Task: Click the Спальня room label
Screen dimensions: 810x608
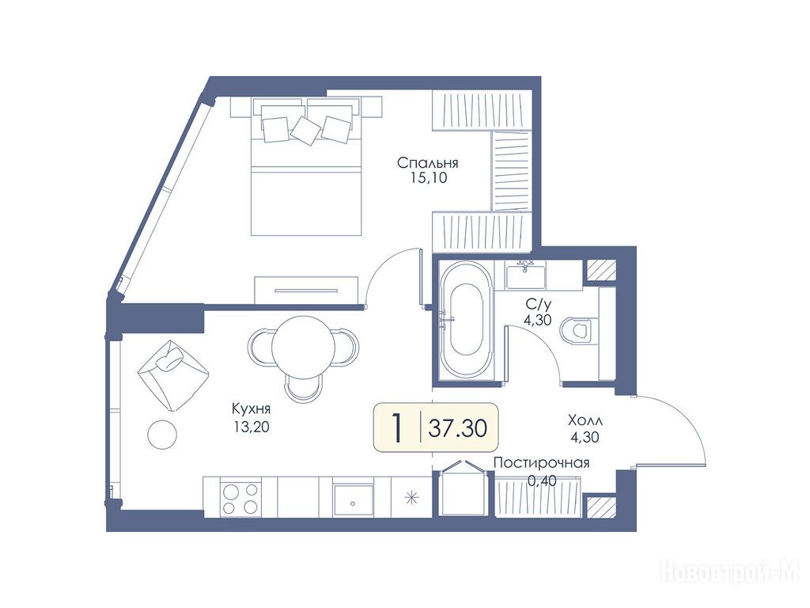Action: (x=428, y=163)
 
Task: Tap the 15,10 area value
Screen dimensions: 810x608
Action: (x=428, y=179)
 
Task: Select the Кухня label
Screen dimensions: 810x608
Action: (x=251, y=409)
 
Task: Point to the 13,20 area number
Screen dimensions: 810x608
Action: (x=251, y=427)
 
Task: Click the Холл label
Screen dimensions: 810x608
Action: (x=585, y=420)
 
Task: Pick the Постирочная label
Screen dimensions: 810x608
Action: (x=541, y=462)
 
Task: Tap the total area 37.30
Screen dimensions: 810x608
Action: (x=458, y=428)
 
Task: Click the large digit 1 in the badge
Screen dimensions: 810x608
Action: (x=397, y=428)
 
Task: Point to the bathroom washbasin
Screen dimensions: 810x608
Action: (x=526, y=275)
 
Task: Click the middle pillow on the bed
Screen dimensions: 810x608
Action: (x=306, y=130)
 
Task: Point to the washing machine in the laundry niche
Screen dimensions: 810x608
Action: (x=462, y=488)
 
